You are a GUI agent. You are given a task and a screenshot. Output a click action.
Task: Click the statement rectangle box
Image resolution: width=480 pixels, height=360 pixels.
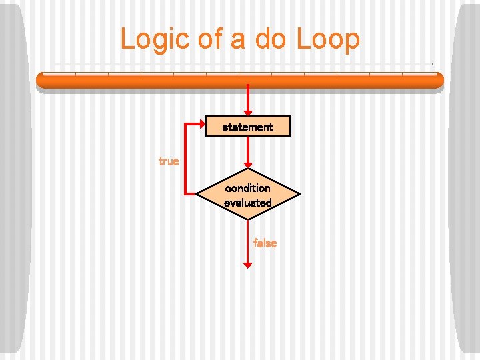click(248, 126)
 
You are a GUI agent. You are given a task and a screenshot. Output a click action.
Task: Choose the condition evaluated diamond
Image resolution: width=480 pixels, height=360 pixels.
click(248, 195)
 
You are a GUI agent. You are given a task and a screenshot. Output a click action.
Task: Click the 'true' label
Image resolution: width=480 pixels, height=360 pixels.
click(169, 161)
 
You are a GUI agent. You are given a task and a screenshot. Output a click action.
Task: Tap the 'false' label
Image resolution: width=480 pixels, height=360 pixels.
click(265, 243)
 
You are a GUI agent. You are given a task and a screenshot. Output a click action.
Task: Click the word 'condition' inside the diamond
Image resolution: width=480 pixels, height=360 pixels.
click(248, 188)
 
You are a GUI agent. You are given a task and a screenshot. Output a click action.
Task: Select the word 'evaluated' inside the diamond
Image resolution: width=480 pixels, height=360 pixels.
click(248, 202)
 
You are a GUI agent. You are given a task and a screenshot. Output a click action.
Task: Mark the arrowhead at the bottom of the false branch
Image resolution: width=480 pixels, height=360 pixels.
click(248, 264)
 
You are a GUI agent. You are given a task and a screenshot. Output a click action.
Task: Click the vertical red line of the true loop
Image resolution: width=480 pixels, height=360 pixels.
click(183, 160)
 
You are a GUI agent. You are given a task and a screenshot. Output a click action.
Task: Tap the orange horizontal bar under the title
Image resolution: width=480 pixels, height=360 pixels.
click(239, 80)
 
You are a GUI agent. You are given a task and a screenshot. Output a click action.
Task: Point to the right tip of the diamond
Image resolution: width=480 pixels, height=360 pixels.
click(300, 195)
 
